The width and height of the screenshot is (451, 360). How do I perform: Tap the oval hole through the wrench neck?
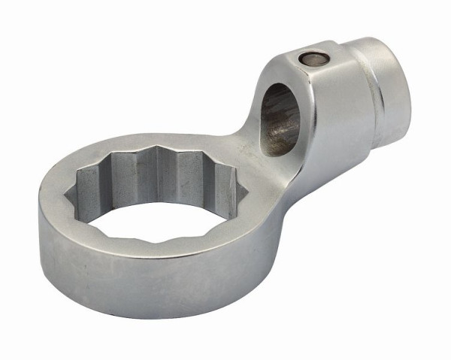pos(280,118)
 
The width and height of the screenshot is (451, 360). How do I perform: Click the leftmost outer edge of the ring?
pos(39,218)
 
